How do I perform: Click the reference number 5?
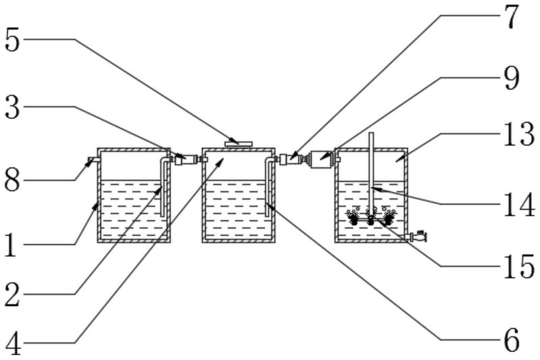click(x=12, y=40)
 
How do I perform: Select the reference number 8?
click(x=12, y=181)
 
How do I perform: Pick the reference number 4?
click(x=12, y=344)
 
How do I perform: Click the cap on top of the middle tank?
click(x=238, y=144)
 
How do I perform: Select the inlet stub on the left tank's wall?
click(x=92, y=161)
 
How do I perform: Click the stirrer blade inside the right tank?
click(x=370, y=218)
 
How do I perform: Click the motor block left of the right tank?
click(x=317, y=160)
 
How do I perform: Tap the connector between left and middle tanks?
click(x=186, y=160)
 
